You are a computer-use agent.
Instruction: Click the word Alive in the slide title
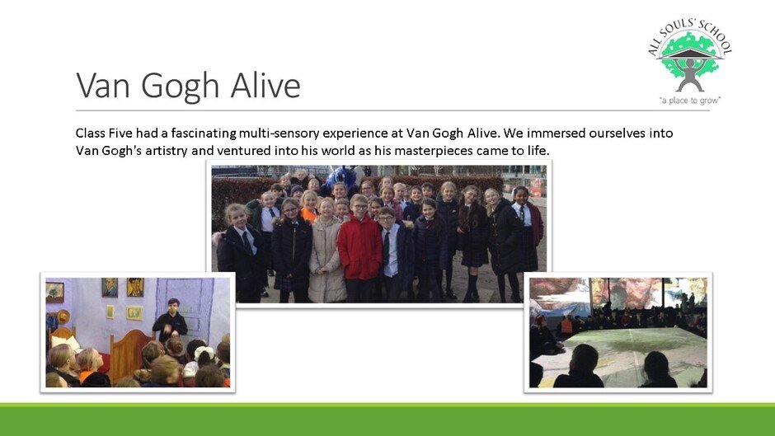(x=265, y=86)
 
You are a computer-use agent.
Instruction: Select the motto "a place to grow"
(x=689, y=101)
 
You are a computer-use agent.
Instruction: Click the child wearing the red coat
(x=359, y=248)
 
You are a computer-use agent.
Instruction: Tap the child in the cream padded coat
(x=326, y=252)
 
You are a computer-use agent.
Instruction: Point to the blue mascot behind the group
(x=341, y=177)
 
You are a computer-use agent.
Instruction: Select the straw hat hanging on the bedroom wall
(x=63, y=316)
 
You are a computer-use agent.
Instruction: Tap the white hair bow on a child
(x=204, y=353)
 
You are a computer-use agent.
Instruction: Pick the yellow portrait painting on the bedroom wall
(x=135, y=287)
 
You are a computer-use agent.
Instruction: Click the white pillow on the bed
(x=66, y=342)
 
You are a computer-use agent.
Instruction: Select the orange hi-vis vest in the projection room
(x=566, y=326)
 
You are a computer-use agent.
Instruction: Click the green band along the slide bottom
(x=387, y=420)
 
